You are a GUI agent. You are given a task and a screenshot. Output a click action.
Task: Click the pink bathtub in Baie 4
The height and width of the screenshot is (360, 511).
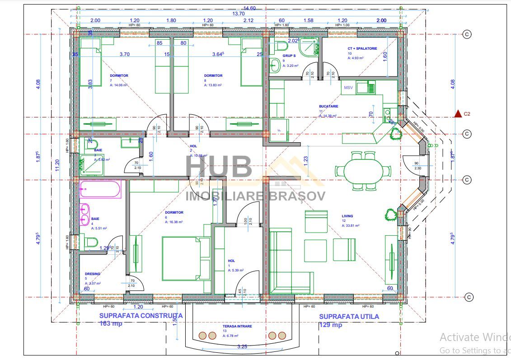[x=100, y=190]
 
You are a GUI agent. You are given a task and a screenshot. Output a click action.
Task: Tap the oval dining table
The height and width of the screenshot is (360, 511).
[x=363, y=171]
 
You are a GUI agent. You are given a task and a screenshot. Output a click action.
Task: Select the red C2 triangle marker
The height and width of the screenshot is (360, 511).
[x=458, y=114]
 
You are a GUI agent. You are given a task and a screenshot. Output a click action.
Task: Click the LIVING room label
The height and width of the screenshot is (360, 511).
[x=347, y=216]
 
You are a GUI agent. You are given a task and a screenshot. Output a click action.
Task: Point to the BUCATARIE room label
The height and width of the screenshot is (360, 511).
[x=328, y=107]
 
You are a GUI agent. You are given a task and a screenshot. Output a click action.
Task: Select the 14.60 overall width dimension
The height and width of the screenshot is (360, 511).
[x=249, y=8]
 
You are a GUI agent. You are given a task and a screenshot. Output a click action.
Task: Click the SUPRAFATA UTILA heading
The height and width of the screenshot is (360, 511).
[x=349, y=317]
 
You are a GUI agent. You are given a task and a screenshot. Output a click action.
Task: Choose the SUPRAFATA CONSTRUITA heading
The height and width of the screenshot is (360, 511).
[x=141, y=316]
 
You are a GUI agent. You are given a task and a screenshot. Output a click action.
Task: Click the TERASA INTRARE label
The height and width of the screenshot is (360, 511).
[x=237, y=326]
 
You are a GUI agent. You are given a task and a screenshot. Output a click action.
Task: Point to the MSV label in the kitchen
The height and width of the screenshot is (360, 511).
[x=348, y=88]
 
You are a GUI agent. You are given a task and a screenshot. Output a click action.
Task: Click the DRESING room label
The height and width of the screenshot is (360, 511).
[x=93, y=274]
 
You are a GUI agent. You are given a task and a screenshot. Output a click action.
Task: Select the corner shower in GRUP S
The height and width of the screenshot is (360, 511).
[x=310, y=47]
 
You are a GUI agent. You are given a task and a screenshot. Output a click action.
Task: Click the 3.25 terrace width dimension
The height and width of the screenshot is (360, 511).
[x=242, y=347]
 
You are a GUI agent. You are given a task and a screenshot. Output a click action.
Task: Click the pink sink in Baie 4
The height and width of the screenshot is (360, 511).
[x=85, y=214]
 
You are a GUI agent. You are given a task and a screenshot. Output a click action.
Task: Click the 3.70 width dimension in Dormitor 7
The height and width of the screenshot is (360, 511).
[x=124, y=54]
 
